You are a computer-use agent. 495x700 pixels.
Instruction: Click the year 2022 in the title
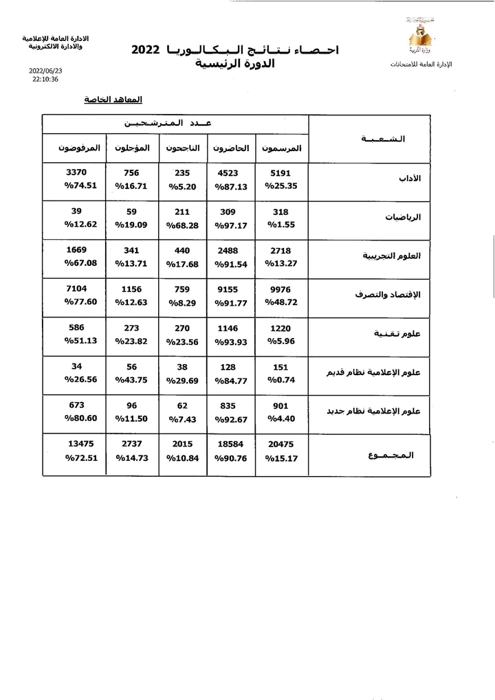146,50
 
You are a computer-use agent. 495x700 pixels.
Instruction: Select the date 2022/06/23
45,70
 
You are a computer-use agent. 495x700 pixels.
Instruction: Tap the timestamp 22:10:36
45,79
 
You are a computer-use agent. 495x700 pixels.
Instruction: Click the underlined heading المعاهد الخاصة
113,100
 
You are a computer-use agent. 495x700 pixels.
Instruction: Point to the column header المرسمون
282,148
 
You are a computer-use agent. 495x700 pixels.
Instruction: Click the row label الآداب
410,178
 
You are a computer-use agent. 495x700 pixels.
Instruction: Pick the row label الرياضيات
404,217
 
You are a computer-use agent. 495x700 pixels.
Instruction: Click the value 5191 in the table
282,173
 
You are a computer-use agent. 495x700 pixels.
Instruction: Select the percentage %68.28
182,225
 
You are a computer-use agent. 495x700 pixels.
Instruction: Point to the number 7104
76,289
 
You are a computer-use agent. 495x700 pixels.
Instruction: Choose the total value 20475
282,444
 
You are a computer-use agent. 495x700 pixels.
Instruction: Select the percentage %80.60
82,418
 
